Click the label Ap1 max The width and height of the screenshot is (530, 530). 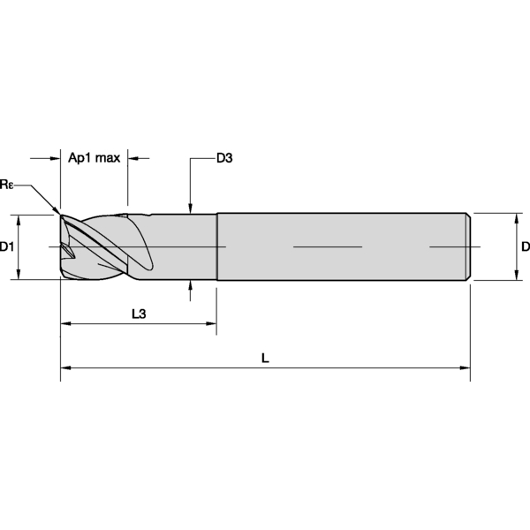(x=94, y=158)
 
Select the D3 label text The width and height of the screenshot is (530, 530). (x=223, y=158)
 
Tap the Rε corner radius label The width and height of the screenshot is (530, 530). (x=7, y=184)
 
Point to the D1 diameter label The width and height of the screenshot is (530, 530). (x=8, y=246)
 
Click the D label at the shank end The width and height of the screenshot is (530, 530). (x=525, y=246)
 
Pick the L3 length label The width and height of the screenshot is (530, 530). (x=138, y=314)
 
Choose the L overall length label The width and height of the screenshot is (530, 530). (x=265, y=358)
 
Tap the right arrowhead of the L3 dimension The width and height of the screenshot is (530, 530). (x=211, y=324)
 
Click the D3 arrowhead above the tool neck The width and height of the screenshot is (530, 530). (x=190, y=208)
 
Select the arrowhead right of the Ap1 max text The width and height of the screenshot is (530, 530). (x=133, y=159)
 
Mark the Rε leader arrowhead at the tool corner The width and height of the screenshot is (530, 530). (x=57, y=211)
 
